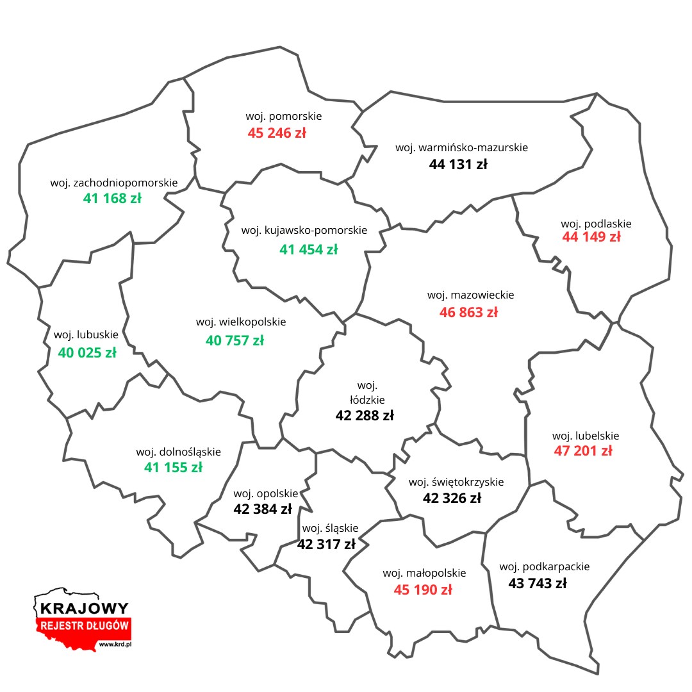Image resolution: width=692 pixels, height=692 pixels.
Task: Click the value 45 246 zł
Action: click(277, 133)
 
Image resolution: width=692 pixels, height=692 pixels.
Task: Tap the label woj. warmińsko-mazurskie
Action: click(461, 147)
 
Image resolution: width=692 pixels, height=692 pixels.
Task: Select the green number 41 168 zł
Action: click(112, 199)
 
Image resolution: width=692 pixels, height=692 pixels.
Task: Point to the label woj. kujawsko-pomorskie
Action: click(304, 230)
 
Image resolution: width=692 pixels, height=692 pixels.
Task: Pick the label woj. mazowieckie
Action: click(470, 295)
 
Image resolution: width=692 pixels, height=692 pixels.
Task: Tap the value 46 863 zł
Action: click(468, 313)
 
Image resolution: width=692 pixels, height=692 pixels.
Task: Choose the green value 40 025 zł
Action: click(87, 352)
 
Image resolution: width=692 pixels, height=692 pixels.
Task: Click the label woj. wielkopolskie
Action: click(241, 322)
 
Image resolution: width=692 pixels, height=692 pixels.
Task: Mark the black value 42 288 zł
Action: click(365, 415)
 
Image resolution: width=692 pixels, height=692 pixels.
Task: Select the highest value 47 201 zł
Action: click(583, 450)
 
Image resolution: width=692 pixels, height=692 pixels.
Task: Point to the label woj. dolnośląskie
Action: click(178, 452)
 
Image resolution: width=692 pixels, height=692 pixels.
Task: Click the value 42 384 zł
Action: click(263, 509)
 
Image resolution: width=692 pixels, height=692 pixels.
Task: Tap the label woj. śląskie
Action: click(330, 528)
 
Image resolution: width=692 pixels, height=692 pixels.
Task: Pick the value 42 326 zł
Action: click(452, 498)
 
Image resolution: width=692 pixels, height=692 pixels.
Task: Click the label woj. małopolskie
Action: click(424, 573)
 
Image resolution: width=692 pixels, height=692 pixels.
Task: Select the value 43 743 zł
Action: click(538, 584)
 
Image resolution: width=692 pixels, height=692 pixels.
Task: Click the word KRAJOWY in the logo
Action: click(84, 608)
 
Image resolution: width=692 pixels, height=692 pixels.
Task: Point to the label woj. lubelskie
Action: click(586, 436)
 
